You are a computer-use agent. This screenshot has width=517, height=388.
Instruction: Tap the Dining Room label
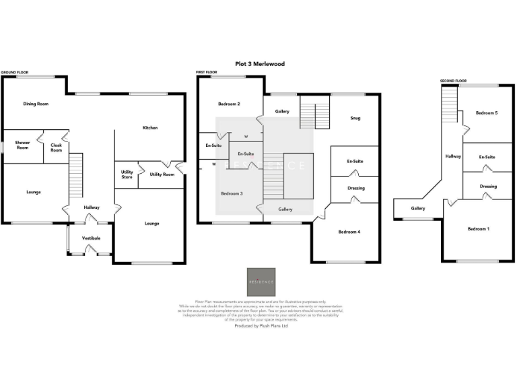click(36, 104)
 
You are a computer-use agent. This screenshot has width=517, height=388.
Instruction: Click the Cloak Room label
click(56, 148)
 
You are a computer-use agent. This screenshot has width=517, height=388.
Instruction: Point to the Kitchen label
click(149, 127)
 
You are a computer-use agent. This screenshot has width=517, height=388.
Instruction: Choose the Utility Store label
click(127, 174)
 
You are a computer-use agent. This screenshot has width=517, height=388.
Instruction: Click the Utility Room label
click(162, 174)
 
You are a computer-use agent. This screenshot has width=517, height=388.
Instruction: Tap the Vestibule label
click(91, 238)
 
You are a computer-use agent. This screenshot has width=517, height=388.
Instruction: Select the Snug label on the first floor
click(355, 118)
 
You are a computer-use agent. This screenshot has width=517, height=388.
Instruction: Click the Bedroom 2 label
click(229, 104)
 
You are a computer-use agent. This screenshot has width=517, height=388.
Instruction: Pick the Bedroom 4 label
click(349, 232)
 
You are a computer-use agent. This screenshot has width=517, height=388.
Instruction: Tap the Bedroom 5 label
click(486, 112)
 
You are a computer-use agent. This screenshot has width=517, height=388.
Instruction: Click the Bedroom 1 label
click(478, 229)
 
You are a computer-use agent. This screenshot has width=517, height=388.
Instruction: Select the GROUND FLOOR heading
click(13, 72)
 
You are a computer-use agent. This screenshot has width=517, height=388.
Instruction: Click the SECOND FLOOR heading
click(453, 81)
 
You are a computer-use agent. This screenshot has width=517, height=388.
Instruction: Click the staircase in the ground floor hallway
click(76, 174)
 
